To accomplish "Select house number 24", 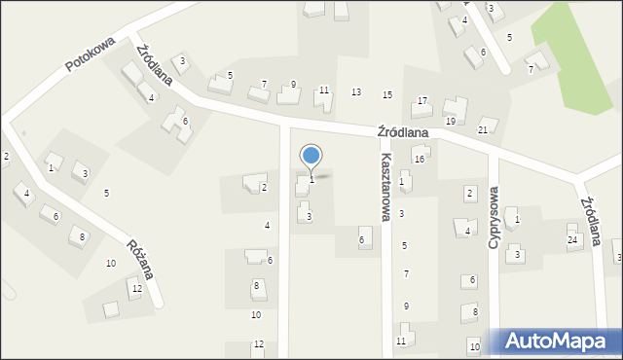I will coord(572,239).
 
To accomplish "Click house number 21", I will coord(483,129).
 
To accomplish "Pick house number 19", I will coord(450,121).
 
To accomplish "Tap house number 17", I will coord(422,101).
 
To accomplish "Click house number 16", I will coord(419,159).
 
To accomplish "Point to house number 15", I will coord(387,94).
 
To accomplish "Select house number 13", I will coord(356,91).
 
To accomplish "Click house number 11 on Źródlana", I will coord(324,90).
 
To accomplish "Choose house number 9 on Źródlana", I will coord(293,85).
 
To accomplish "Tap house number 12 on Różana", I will coord(137,288).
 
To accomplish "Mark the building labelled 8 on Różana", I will coord(83,236).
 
